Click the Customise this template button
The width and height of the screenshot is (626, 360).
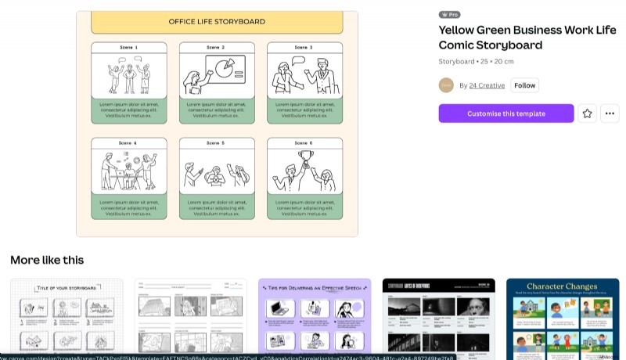pyautogui.click(x=505, y=113)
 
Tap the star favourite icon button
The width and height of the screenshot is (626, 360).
pyautogui.click(x=588, y=113)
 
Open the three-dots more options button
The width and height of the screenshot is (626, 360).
pyautogui.click(x=610, y=113)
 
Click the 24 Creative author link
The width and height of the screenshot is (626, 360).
pyautogui.click(x=487, y=85)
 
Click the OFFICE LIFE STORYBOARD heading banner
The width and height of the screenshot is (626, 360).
pyautogui.click(x=217, y=22)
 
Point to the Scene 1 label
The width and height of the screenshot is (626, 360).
pyautogui.click(x=129, y=48)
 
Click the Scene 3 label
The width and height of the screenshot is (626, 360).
pyautogui.click(x=304, y=48)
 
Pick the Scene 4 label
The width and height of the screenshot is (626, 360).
pyautogui.click(x=129, y=143)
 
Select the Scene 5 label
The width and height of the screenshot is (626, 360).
pyautogui.click(x=217, y=143)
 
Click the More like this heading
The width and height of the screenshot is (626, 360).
pyautogui.click(x=47, y=260)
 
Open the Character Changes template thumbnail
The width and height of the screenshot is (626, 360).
pyautogui.click(x=563, y=317)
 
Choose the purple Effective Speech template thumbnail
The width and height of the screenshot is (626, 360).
pyautogui.click(x=315, y=317)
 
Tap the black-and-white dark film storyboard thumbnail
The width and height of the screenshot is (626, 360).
pyautogui.click(x=438, y=317)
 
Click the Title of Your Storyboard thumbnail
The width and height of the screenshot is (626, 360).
pyautogui.click(x=67, y=317)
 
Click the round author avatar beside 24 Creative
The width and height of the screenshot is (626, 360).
pyautogui.click(x=446, y=85)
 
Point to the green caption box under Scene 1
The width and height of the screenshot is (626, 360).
pyautogui.click(x=129, y=110)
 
